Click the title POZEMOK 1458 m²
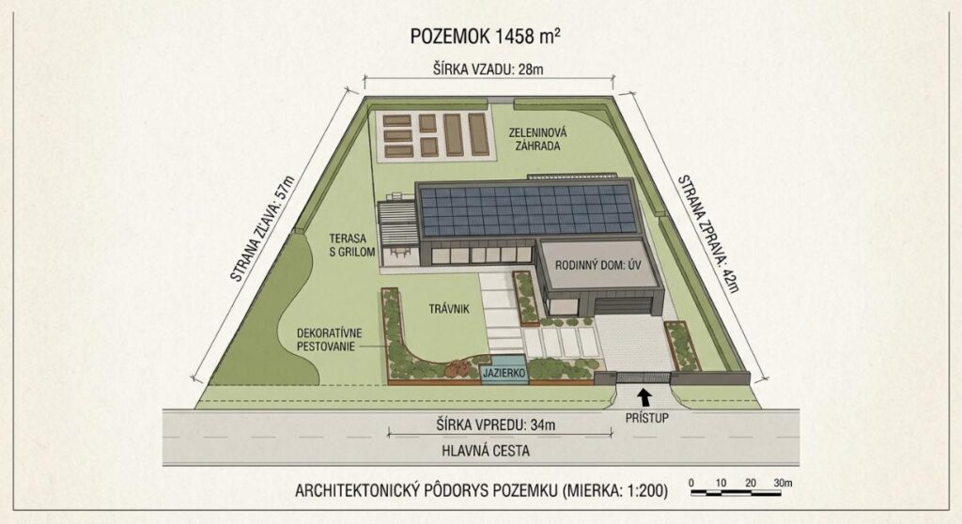point(485,37)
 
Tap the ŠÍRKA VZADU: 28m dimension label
point(488,69)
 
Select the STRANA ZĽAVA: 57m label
point(263,229)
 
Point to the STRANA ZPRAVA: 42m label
point(708,234)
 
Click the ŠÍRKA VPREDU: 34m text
point(496,424)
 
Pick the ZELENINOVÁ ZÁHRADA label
point(537,139)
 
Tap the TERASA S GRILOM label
point(352,245)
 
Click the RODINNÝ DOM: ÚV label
point(598,266)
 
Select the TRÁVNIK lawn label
point(449,309)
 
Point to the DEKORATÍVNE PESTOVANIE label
point(330,340)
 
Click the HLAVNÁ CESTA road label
point(486,451)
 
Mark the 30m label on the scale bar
point(783,483)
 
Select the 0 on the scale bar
point(691,483)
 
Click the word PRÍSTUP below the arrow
point(646,418)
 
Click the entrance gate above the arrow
point(644,378)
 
